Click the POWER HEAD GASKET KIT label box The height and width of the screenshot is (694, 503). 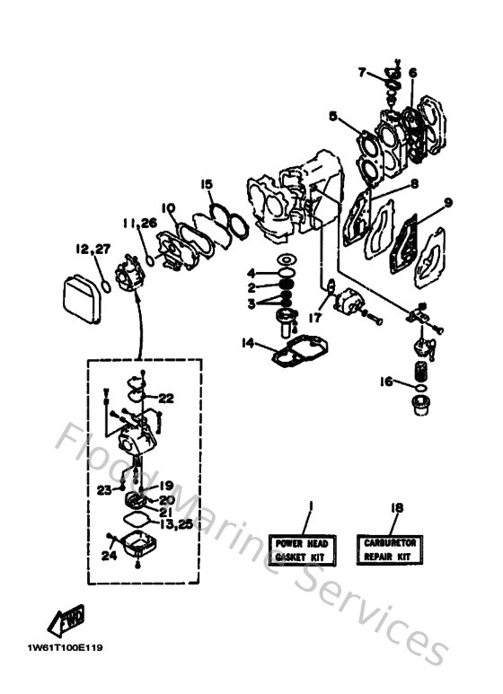click(301, 549)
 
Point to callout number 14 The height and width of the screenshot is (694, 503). click(248, 341)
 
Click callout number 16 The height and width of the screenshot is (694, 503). click(385, 382)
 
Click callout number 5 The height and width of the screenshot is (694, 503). click(332, 116)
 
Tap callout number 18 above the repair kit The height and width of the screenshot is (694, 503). click(395, 507)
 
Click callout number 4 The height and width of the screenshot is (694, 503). click(253, 272)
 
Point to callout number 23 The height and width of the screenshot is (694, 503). click(104, 489)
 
